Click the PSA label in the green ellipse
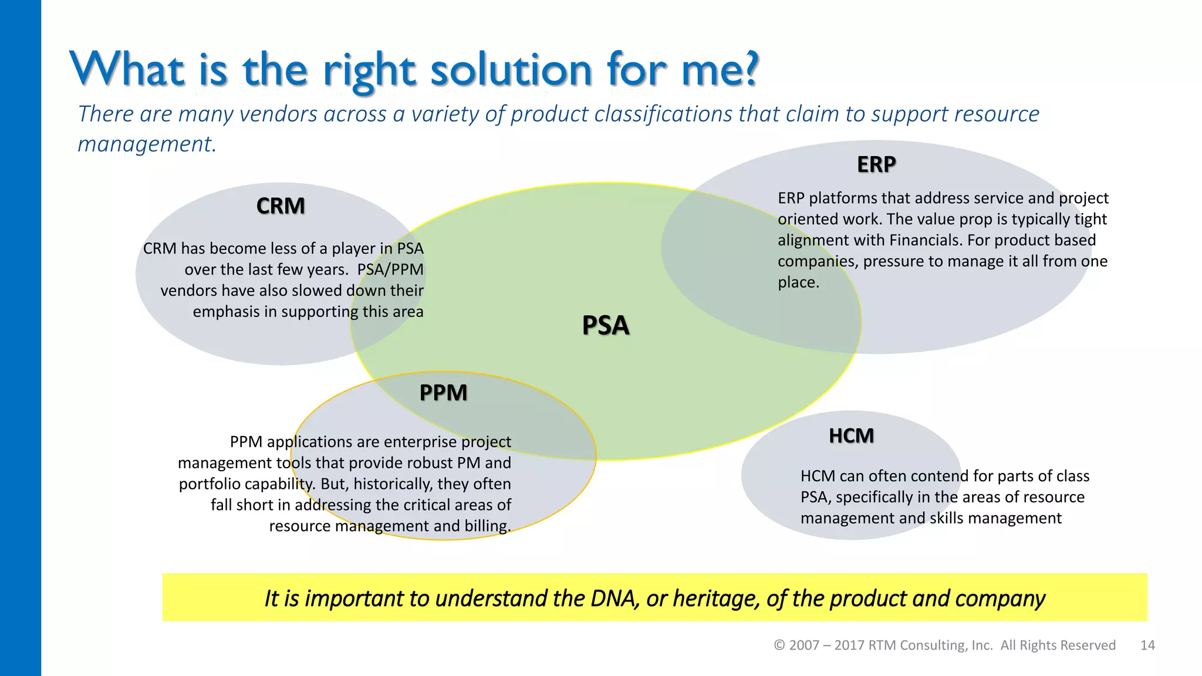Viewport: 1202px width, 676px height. [x=605, y=326]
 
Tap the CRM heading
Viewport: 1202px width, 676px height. [x=281, y=206]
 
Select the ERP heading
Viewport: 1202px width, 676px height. [x=876, y=164]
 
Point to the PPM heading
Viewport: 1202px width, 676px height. [x=443, y=393]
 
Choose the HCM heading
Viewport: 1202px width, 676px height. [x=851, y=436]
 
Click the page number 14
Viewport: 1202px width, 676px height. [x=1147, y=645]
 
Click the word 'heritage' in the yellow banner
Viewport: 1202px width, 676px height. [x=716, y=599]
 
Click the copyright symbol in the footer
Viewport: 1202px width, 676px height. [x=779, y=645]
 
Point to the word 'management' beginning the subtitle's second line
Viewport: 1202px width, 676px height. [x=147, y=144]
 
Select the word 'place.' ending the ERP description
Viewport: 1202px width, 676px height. [x=798, y=282]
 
